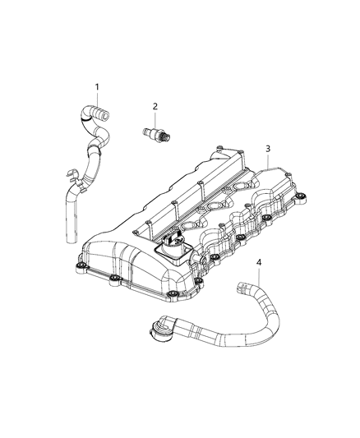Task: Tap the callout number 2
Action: click(154, 106)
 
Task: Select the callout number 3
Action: click(267, 148)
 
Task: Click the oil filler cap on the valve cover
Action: click(174, 246)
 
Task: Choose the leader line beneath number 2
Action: click(153, 117)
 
